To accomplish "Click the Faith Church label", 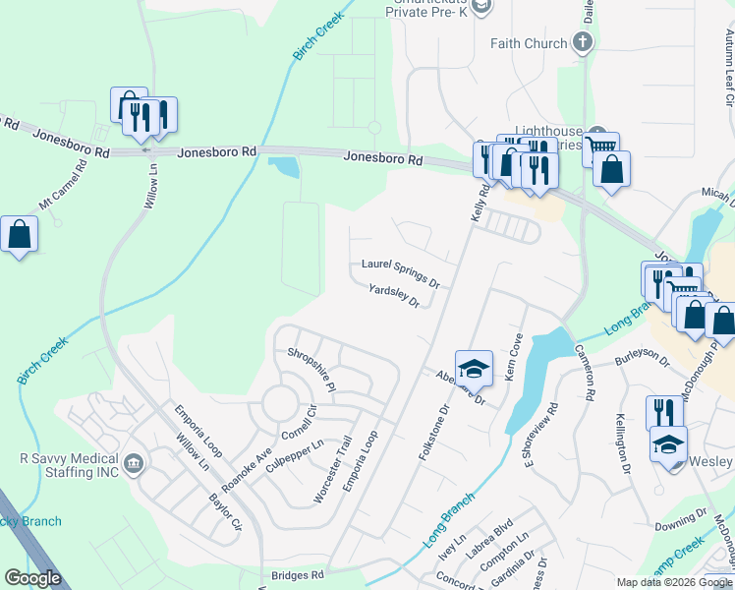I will (529, 43).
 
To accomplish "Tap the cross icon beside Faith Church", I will (584, 42).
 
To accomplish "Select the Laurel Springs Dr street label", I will (400, 272).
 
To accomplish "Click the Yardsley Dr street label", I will (393, 295).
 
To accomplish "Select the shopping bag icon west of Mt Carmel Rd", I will (19, 235).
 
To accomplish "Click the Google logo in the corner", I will (32, 578).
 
